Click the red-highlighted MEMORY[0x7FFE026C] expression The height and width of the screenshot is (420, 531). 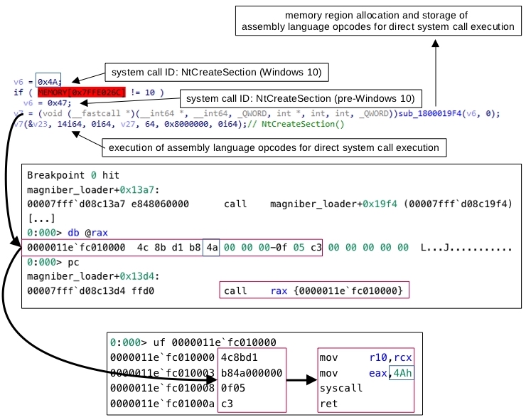(81, 93)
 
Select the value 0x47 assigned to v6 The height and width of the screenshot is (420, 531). (59, 103)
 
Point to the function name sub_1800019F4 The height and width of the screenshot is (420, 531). (430, 113)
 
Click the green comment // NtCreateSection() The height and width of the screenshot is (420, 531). (296, 124)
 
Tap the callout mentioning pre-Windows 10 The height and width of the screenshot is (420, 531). (301, 99)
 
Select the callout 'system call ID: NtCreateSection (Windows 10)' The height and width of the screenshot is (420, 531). (217, 73)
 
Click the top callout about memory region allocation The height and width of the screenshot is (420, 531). (378, 21)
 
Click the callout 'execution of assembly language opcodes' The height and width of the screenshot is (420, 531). (274, 147)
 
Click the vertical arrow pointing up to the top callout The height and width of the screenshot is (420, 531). (436, 73)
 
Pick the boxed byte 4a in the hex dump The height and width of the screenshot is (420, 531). (211, 247)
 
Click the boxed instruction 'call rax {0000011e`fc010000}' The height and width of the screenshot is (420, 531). (314, 290)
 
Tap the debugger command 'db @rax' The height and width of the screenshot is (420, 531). (87, 233)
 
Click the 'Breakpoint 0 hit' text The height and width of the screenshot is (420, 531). (73, 175)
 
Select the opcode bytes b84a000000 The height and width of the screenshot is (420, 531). (251, 373)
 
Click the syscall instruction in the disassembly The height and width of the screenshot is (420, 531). (340, 388)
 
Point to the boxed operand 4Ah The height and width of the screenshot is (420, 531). (402, 373)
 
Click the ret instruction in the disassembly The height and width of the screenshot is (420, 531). (328, 404)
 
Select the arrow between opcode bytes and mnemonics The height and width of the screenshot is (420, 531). (301, 379)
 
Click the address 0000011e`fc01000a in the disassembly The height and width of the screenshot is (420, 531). (162, 404)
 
